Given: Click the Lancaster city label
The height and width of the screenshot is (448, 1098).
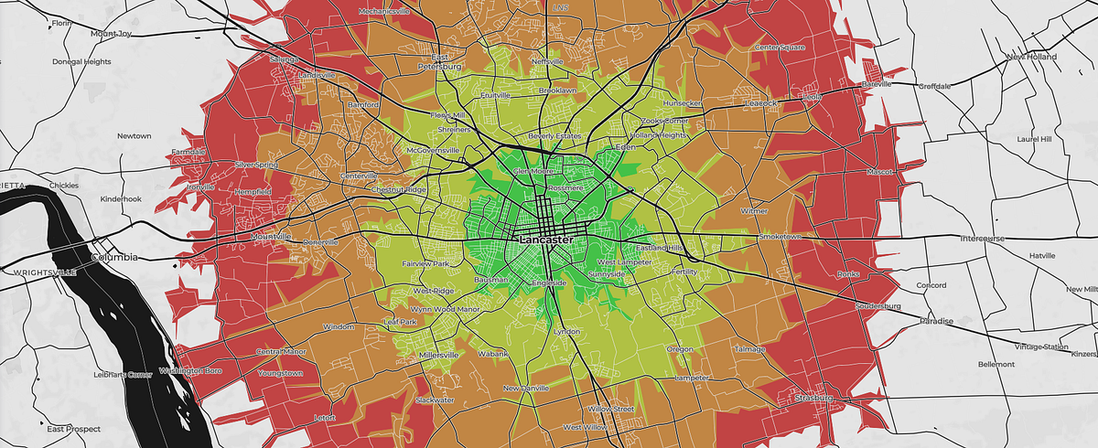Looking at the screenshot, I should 546,240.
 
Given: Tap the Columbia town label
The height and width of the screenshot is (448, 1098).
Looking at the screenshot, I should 114,258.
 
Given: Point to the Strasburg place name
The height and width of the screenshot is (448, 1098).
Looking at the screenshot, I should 814,399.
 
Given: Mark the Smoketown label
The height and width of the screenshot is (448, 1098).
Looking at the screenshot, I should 780,237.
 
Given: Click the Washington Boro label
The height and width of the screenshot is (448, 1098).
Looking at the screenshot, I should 190,371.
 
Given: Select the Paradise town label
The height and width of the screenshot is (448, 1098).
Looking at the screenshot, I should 936,322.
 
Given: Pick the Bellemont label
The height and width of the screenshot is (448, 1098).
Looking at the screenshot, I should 996,364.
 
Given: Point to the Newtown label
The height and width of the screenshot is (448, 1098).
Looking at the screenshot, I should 134,136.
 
